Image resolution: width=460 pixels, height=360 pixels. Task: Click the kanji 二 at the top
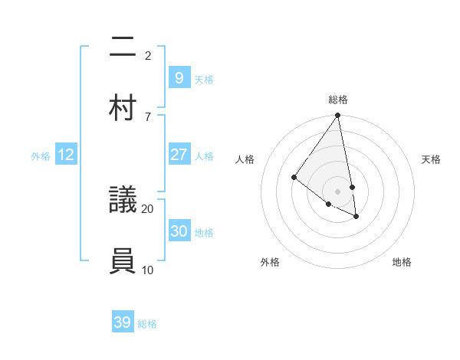(123, 48)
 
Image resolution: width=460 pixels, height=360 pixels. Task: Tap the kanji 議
(123, 201)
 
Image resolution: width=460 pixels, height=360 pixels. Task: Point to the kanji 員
(123, 260)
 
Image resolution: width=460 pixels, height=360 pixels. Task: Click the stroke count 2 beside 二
(148, 55)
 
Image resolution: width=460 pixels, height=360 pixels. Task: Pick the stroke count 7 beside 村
(147, 116)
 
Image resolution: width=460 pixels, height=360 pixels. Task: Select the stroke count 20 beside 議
(148, 208)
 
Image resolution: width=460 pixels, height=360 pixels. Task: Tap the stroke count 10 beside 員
(148, 269)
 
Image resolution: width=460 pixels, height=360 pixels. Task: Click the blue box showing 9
(179, 77)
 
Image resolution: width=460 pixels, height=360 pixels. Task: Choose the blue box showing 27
(179, 155)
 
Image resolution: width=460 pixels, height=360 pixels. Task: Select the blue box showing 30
(179, 231)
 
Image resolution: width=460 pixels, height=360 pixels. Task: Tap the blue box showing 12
(65, 155)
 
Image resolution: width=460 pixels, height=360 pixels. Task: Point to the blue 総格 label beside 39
(147, 324)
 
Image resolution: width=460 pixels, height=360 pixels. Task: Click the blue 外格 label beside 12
(41, 156)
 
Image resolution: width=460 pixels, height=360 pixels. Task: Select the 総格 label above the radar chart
(337, 100)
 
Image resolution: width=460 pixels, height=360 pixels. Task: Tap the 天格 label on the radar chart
(431, 159)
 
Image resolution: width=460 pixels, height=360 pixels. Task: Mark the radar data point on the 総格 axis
(337, 116)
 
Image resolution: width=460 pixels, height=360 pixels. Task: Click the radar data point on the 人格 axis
(294, 178)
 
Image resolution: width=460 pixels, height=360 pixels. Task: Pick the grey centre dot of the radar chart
(337, 191)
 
